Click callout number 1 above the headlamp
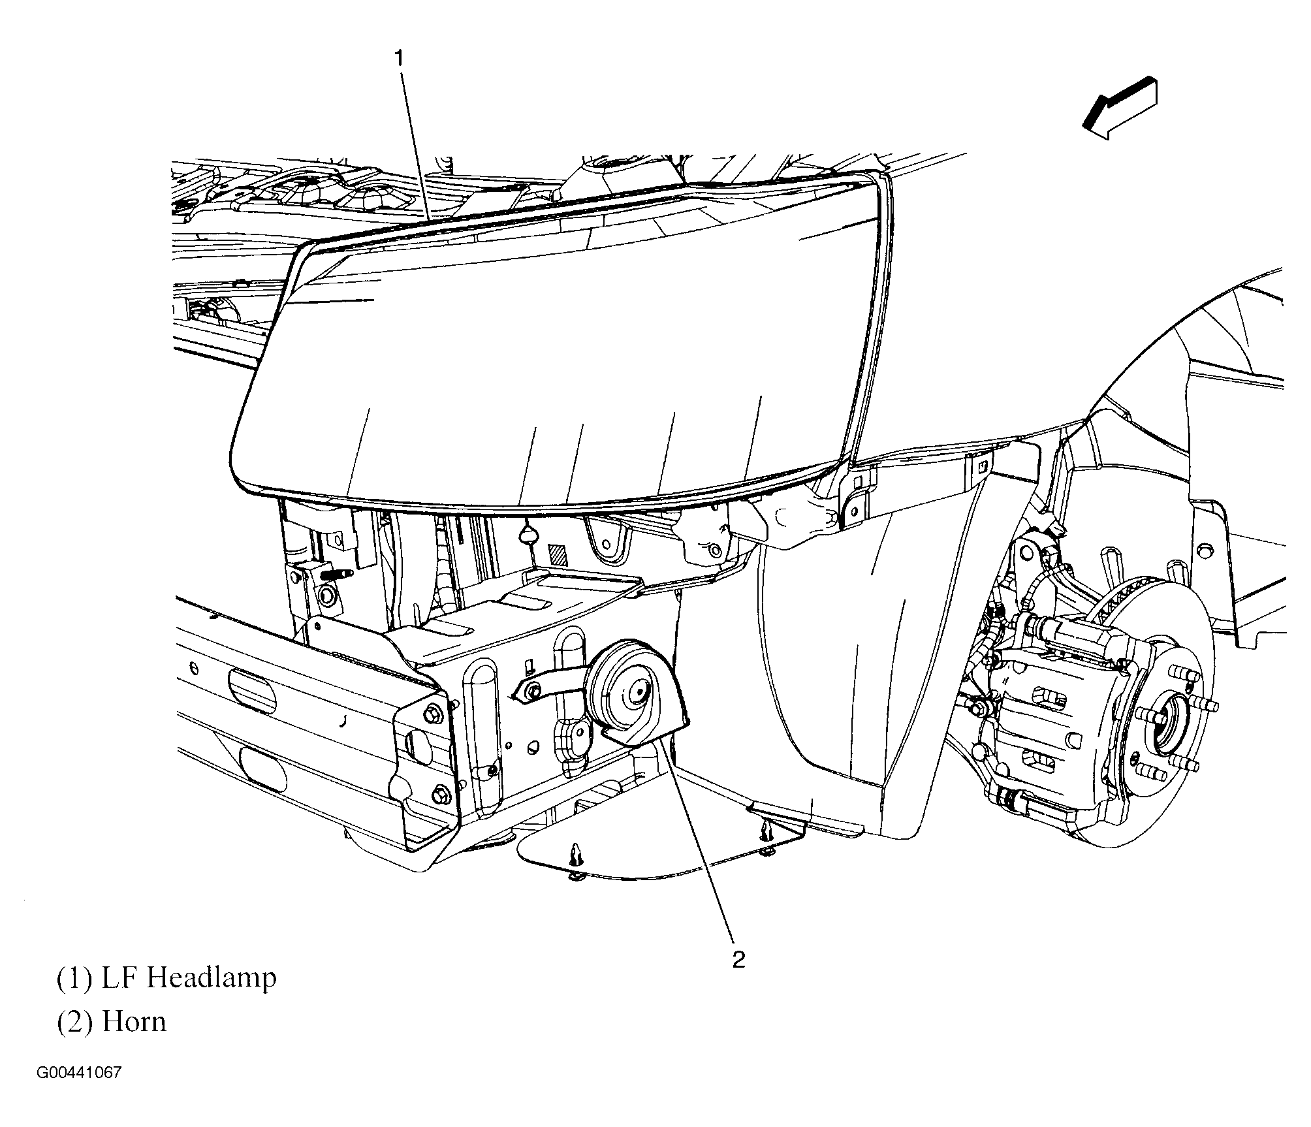398,59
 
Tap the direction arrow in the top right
1119,107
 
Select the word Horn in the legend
134,1021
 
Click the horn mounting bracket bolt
533,690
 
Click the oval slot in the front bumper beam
252,691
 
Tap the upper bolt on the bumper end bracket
434,713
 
